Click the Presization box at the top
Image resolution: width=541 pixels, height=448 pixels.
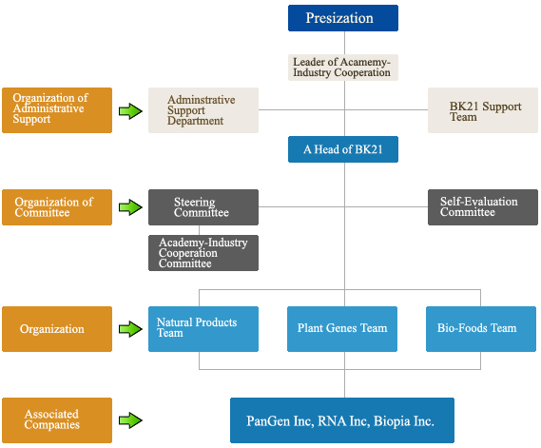343,18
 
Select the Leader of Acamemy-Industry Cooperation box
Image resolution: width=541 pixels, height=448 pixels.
343,68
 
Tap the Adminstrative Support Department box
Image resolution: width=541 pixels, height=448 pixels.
203,110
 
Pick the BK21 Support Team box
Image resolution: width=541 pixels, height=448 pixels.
483,110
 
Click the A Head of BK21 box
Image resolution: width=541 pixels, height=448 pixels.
343,149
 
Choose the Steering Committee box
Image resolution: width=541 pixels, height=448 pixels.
203,207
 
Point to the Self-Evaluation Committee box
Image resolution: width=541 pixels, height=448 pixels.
483,207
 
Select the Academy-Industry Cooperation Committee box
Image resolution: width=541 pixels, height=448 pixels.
203,253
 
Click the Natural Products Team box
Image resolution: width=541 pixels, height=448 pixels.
203,329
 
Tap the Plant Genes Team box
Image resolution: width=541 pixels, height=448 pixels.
342,329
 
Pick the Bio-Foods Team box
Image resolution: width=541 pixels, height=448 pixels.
481,329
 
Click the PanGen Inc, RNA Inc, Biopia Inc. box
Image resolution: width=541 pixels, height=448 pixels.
342,420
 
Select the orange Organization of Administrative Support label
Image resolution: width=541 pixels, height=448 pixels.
57,110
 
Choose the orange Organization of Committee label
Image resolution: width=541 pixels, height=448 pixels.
57,207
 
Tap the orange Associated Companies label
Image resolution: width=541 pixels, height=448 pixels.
57,420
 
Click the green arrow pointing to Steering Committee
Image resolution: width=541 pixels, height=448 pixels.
130,207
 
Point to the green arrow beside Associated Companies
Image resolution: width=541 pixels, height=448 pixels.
130,420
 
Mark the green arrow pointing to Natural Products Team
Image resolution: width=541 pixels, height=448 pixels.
130,329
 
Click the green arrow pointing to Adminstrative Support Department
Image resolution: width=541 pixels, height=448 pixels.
130,111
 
